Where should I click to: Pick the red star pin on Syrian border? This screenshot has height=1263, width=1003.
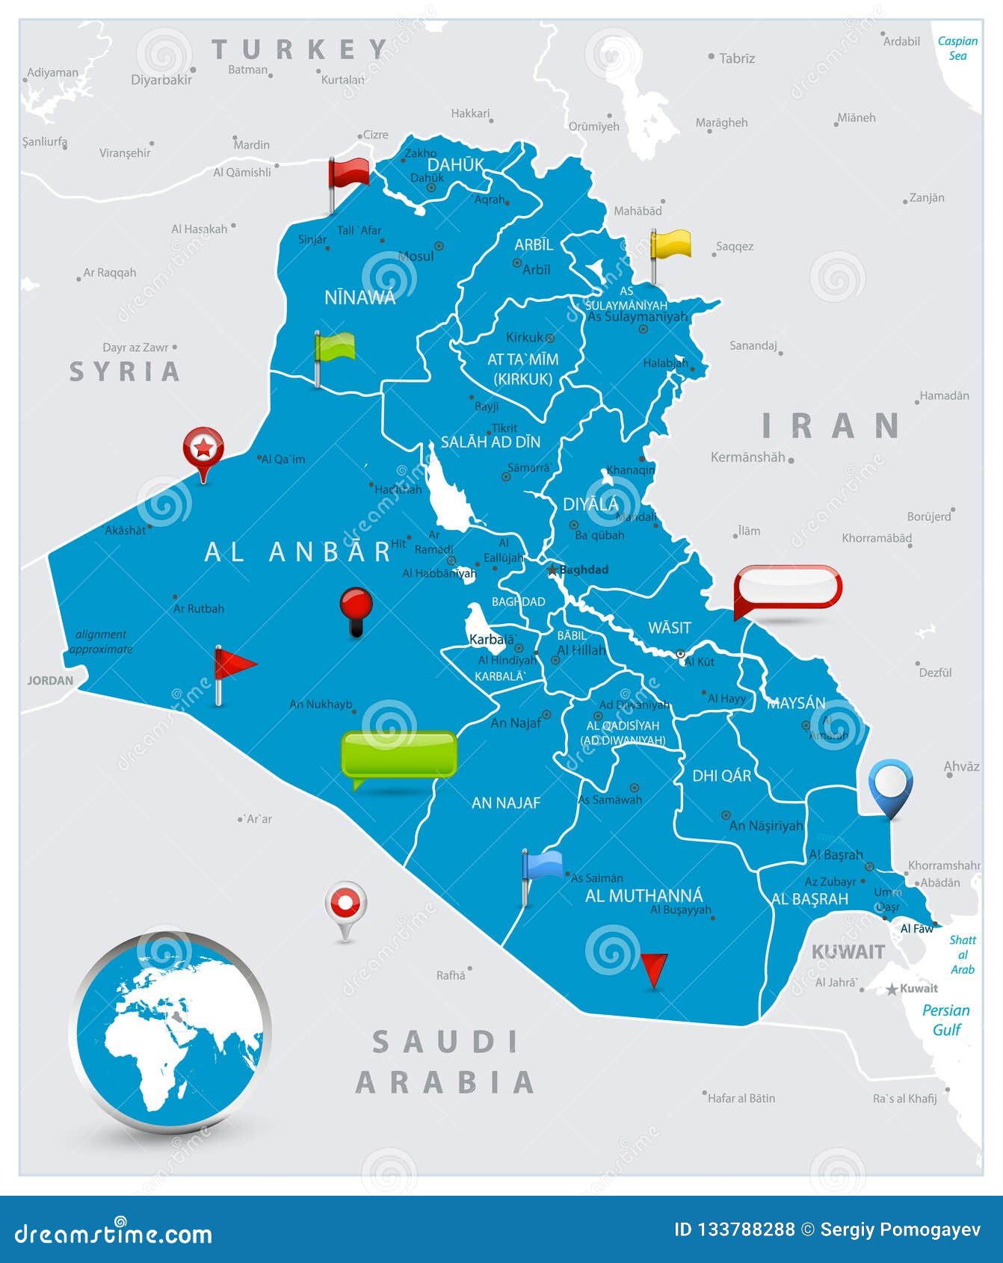pyautogui.click(x=203, y=448)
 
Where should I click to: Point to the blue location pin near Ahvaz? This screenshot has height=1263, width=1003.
pyautogui.click(x=890, y=782)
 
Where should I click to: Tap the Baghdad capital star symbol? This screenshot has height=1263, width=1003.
pyautogui.click(x=552, y=570)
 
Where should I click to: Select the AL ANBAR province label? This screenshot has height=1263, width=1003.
pyautogui.click(x=298, y=552)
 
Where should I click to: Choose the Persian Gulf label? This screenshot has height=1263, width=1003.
pyautogui.click(x=945, y=1019)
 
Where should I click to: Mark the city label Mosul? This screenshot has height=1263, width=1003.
pyautogui.click(x=416, y=256)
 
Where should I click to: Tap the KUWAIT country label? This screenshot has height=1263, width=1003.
pyautogui.click(x=848, y=951)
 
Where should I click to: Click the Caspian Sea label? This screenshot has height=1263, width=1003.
pyautogui.click(x=957, y=49)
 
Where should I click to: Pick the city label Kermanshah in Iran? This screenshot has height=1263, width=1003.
pyautogui.click(x=747, y=457)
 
